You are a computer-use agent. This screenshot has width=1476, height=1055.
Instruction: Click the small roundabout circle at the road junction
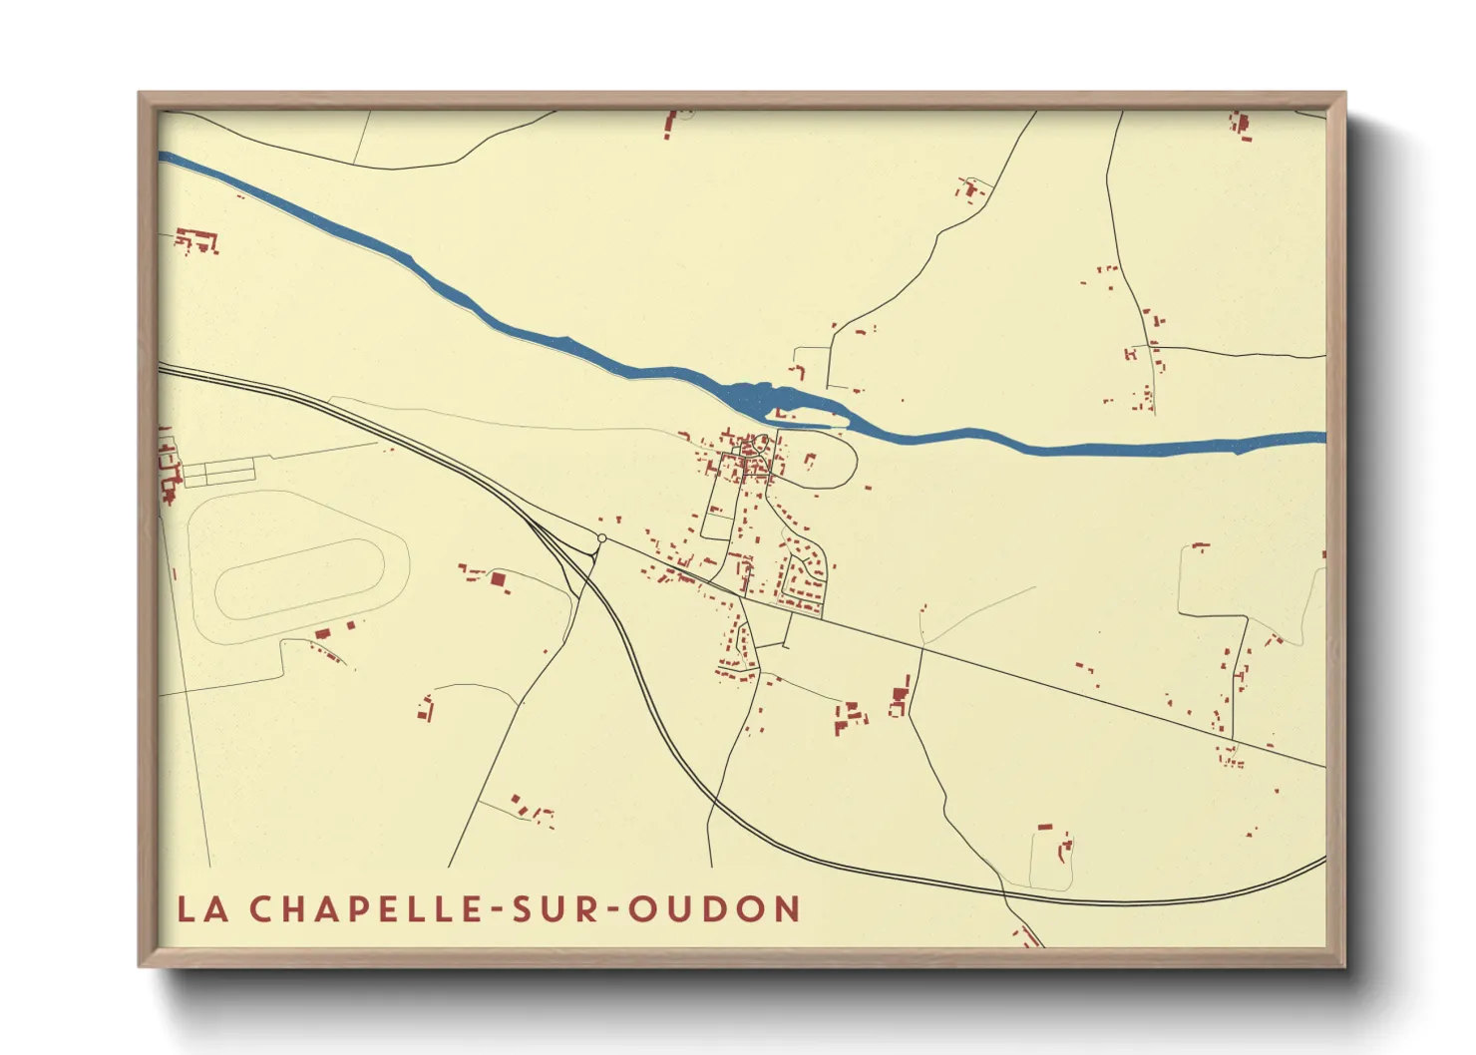601,538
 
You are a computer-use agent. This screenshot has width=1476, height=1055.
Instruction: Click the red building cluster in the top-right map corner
1241,126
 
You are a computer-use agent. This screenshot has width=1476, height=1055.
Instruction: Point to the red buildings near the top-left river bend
196,240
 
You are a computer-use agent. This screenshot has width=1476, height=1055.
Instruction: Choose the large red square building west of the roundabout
498,578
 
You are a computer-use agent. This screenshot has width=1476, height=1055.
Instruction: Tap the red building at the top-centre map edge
671,124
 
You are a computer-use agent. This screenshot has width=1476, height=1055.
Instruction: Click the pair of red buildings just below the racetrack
335,630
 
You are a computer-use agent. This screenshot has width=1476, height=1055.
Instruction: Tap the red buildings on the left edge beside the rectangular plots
168,469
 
